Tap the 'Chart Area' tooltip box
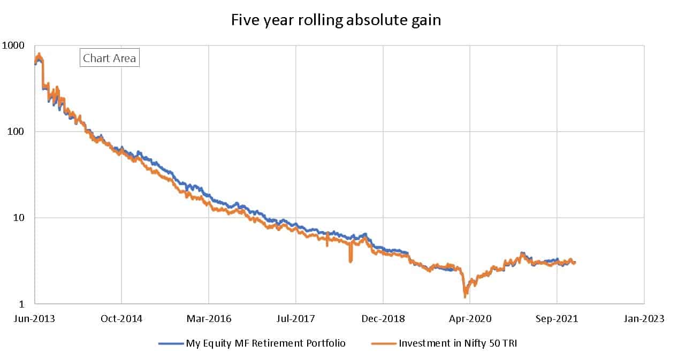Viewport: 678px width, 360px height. [x=110, y=58]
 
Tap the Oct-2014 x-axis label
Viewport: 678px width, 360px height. [x=121, y=319]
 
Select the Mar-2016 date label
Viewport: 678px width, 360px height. [x=209, y=319]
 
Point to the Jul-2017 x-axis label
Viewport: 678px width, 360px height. [x=296, y=319]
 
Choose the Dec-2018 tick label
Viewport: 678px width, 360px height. [x=384, y=319]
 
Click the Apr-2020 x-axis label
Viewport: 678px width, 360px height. [x=470, y=319]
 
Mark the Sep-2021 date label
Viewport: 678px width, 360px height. [x=557, y=319]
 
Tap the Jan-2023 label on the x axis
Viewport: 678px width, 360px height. [x=644, y=319]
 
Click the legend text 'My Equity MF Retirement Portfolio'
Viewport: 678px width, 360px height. [x=265, y=343]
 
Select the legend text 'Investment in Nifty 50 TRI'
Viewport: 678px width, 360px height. [x=458, y=343]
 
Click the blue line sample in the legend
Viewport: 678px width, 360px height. [x=171, y=343]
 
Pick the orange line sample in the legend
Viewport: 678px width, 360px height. [x=383, y=343]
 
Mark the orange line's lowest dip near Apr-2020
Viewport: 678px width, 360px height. [x=464, y=296]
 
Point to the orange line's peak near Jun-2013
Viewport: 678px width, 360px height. [x=39, y=54]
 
